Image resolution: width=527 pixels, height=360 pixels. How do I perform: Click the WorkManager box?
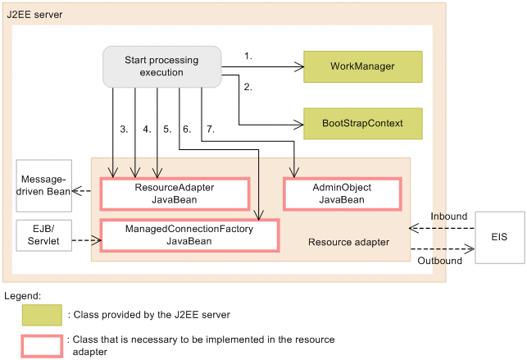coord(362,66)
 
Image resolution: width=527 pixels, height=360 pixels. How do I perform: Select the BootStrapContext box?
coord(362,124)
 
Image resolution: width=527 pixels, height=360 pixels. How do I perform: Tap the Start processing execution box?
coord(161,66)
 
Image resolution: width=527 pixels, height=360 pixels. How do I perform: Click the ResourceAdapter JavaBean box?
coord(174,194)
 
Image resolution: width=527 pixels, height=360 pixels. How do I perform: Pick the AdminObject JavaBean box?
coord(342,194)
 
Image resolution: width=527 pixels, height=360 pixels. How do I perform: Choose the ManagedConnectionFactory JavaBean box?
coord(189,235)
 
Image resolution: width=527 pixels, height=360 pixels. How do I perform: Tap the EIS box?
coord(498,238)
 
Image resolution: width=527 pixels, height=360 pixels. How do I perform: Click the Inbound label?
coord(449,216)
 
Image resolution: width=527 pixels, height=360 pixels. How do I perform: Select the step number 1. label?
coord(248,56)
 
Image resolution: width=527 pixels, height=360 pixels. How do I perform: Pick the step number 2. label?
coord(248,85)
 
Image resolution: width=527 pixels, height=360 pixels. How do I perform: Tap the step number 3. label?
coord(123,129)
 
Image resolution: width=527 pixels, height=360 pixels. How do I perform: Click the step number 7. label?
coord(209,129)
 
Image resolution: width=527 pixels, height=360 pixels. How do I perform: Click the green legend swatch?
coord(42,315)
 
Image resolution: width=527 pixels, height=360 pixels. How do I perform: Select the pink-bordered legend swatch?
coord(42,345)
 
